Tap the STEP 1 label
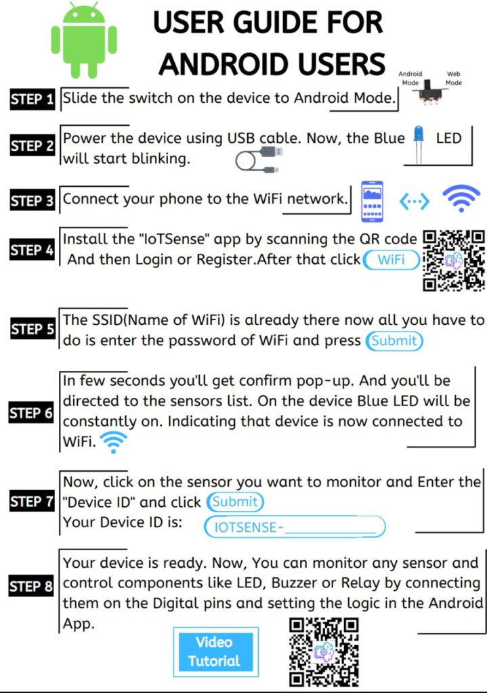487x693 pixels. tap(33, 99)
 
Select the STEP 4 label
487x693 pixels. tap(33, 250)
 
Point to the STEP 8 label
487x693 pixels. tap(31, 586)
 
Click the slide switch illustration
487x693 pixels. tap(428, 92)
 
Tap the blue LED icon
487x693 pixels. tap(418, 144)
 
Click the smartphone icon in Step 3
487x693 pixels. tap(372, 201)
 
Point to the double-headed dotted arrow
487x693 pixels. tap(414, 202)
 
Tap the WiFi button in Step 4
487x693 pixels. tap(391, 259)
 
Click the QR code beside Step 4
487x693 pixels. tap(454, 261)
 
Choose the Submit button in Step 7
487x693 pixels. tap(235, 501)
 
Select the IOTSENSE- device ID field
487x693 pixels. tap(295, 527)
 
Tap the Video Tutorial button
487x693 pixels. tap(215, 652)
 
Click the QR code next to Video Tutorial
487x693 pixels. tap(324, 652)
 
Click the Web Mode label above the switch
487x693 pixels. tap(454, 79)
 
